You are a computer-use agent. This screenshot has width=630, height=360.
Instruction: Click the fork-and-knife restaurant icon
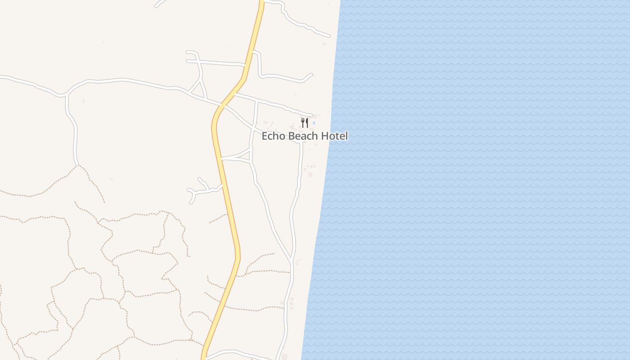coord(305,122)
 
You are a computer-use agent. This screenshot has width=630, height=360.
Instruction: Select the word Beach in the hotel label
coord(303,136)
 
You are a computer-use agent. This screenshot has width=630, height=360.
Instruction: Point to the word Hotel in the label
coord(334,136)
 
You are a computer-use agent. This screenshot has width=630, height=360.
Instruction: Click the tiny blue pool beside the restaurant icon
coord(314,122)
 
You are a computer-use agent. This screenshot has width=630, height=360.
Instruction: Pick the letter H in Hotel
coord(324,136)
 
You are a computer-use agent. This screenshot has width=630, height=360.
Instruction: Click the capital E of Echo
coord(265,136)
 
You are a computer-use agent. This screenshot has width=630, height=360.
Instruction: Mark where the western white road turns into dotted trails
coord(77,165)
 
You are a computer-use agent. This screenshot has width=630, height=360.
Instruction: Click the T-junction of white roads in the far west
coord(67,95)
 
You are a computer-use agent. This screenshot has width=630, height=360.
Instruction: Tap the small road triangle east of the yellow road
coord(246,156)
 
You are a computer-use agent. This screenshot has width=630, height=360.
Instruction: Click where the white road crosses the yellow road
coord(222,106)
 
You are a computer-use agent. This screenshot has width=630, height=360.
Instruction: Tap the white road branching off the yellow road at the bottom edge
coord(225,352)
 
